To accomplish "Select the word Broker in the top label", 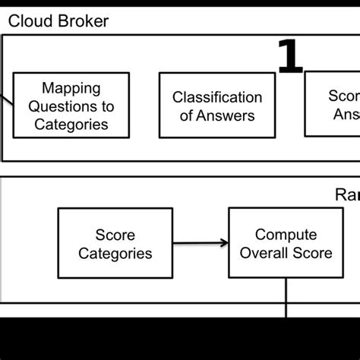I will coord(80,21).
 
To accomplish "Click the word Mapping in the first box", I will coord(71,89).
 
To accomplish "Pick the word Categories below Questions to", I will coord(71,124).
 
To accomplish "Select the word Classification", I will coord(216,97).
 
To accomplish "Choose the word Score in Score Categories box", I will coord(115,235).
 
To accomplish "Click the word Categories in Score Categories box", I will coord(115,253).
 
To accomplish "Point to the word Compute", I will coord(286,235).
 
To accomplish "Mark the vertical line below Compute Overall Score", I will coord(286,296).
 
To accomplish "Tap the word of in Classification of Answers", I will coord(187,115).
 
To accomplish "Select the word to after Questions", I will coord(108,106).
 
